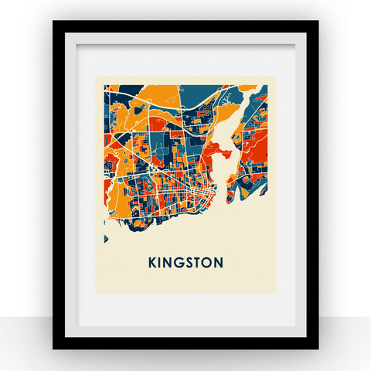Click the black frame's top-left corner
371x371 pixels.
[54, 22]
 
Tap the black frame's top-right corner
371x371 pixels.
[317, 22]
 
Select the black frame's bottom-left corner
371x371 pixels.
[54, 349]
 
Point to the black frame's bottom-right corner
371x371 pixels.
[317, 349]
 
